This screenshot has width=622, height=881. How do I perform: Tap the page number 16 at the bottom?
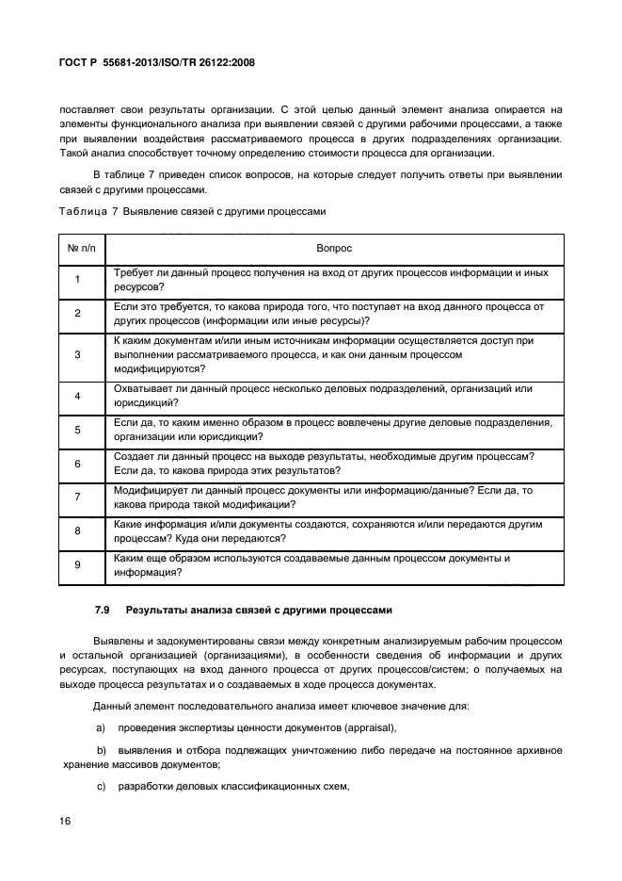(66, 821)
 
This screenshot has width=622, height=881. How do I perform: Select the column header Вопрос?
(334, 249)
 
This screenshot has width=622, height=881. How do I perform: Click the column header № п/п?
(78, 249)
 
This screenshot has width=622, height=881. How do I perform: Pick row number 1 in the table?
(78, 280)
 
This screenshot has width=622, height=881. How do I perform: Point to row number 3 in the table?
(78, 354)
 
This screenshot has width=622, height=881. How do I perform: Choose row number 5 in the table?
(78, 430)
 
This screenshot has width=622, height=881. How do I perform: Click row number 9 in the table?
(78, 564)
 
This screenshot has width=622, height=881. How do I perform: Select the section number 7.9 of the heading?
(102, 611)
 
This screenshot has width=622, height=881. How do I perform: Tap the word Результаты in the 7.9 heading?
(157, 611)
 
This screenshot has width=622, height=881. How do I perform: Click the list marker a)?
(102, 727)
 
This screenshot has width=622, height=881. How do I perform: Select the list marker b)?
(102, 750)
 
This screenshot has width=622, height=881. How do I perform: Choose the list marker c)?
(102, 787)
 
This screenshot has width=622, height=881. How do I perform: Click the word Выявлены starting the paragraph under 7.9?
(118, 641)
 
